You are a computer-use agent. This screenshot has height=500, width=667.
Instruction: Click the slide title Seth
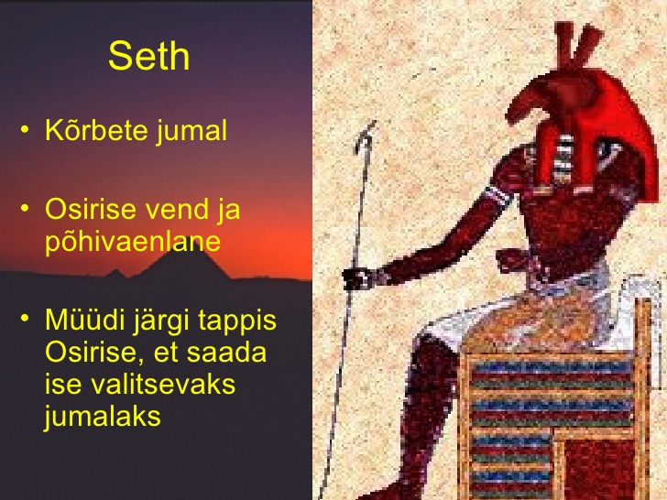(148, 56)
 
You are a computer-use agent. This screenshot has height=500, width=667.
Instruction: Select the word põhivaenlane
(133, 242)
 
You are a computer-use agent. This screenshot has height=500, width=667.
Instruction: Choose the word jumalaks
(103, 416)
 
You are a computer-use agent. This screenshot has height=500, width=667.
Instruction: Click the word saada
(226, 353)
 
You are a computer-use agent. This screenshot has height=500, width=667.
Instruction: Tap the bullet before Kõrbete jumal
(26, 129)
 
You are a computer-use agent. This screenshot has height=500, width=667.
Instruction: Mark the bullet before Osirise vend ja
(26, 209)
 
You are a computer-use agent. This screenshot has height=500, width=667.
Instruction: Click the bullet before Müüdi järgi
(26, 319)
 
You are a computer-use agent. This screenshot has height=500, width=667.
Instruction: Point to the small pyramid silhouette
(115, 273)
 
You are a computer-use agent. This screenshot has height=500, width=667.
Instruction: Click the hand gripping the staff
(359, 278)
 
